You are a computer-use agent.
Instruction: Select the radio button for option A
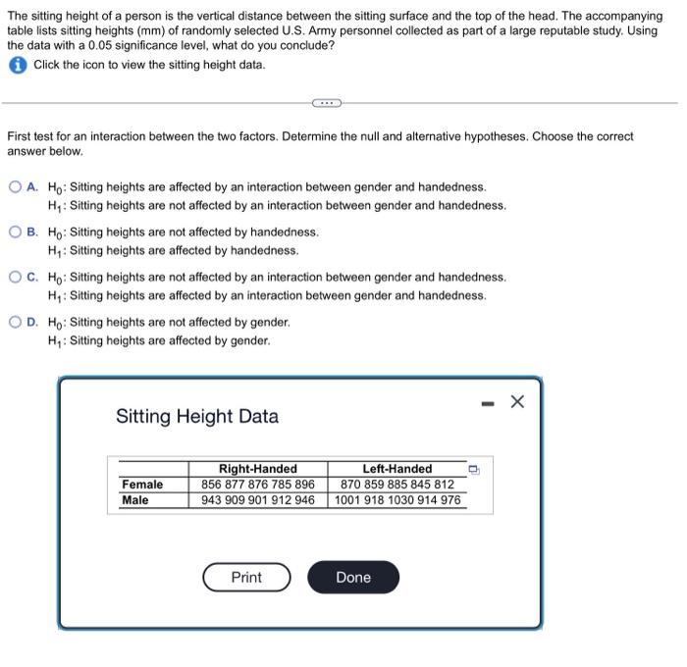[x=16, y=186]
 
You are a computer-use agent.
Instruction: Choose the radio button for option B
[x=16, y=232]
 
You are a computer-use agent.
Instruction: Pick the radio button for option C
[x=16, y=278]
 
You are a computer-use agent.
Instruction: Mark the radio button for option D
[x=16, y=323]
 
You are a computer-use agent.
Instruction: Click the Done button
[x=353, y=578]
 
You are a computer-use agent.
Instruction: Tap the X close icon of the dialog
[x=518, y=401]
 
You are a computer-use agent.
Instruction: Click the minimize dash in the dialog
[x=488, y=402]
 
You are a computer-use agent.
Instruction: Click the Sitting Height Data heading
[x=197, y=416]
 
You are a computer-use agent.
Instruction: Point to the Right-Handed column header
[x=257, y=469]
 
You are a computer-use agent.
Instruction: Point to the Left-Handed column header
[x=396, y=469]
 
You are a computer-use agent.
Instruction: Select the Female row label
[x=142, y=485]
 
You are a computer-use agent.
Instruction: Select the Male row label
[x=135, y=500]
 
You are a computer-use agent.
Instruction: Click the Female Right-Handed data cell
[x=257, y=485]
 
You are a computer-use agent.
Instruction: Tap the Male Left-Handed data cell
[x=396, y=500]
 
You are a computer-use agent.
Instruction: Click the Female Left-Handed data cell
[x=396, y=485]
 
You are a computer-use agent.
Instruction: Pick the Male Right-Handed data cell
[x=257, y=500]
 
